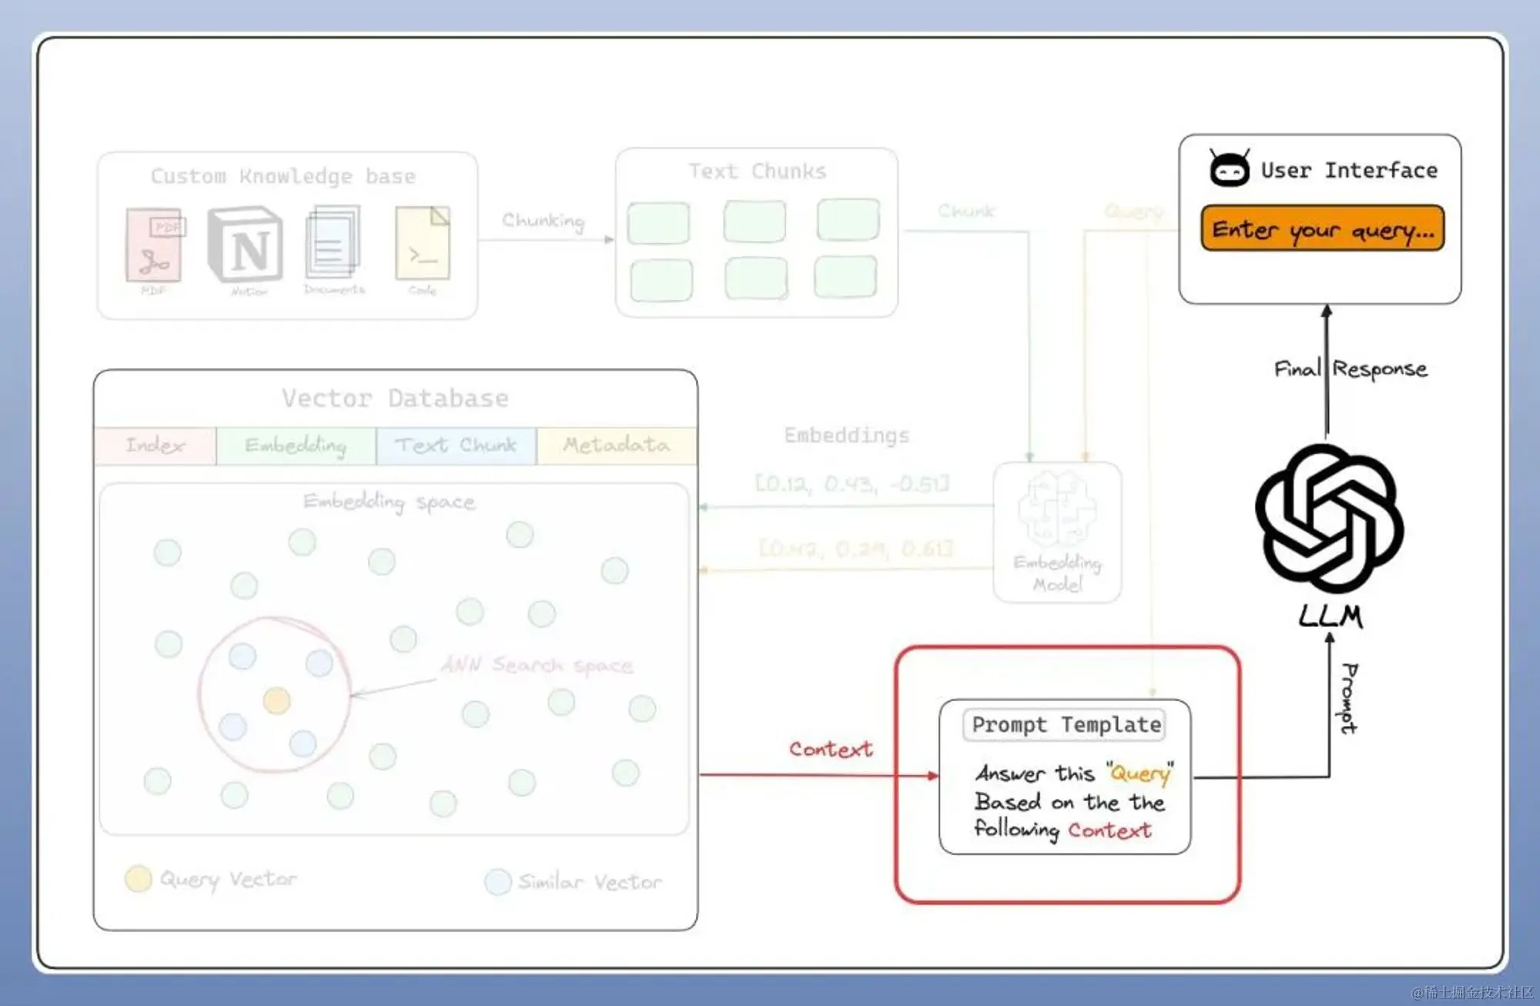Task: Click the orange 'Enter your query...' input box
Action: tap(1322, 229)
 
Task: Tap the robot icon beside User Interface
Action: tap(1229, 169)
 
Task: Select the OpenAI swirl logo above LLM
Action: tap(1330, 518)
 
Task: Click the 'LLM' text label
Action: tap(1330, 616)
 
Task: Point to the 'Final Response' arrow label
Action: tap(1351, 369)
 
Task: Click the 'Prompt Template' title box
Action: tap(1066, 725)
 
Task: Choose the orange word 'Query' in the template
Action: tap(1140, 773)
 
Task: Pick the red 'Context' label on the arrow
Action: tap(831, 749)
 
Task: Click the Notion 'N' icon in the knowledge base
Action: tap(246, 245)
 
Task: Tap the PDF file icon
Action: tap(155, 245)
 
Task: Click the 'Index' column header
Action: tap(156, 445)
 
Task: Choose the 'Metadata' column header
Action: tap(616, 445)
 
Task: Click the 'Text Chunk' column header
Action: tap(456, 445)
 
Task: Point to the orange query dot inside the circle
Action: tap(276, 700)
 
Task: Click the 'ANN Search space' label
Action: tap(537, 665)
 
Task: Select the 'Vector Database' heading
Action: tap(395, 398)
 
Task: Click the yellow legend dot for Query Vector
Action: tap(139, 879)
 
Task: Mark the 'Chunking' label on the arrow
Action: tap(543, 221)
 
